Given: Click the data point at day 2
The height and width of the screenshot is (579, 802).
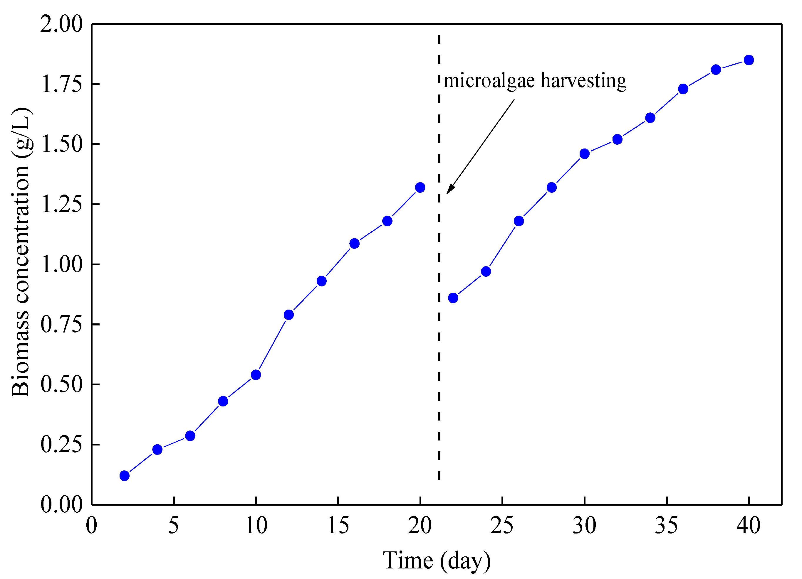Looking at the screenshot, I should [x=125, y=476].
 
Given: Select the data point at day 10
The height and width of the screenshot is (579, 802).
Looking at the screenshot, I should [x=256, y=375].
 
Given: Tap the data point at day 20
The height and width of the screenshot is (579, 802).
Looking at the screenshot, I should [x=420, y=188].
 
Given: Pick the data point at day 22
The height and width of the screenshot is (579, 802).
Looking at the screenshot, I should [x=453, y=298].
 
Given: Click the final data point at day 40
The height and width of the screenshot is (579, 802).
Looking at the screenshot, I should [x=749, y=60].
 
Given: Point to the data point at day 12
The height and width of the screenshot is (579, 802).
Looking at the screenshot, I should [x=289, y=315].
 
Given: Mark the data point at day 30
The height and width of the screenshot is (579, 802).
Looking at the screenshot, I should [x=585, y=154].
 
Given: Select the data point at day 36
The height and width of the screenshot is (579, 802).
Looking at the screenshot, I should [x=683, y=89].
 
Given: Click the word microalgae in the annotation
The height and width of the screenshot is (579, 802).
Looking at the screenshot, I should [x=489, y=81].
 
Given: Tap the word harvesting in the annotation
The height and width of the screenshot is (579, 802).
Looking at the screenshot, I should [x=583, y=81].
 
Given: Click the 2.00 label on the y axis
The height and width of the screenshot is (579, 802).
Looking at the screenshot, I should [x=61, y=24].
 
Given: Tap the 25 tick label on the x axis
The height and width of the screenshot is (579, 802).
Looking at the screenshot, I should [x=502, y=526].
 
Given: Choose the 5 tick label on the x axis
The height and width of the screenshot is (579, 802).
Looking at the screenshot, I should [x=174, y=526].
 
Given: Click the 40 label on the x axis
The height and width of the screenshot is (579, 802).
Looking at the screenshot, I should [x=749, y=526].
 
